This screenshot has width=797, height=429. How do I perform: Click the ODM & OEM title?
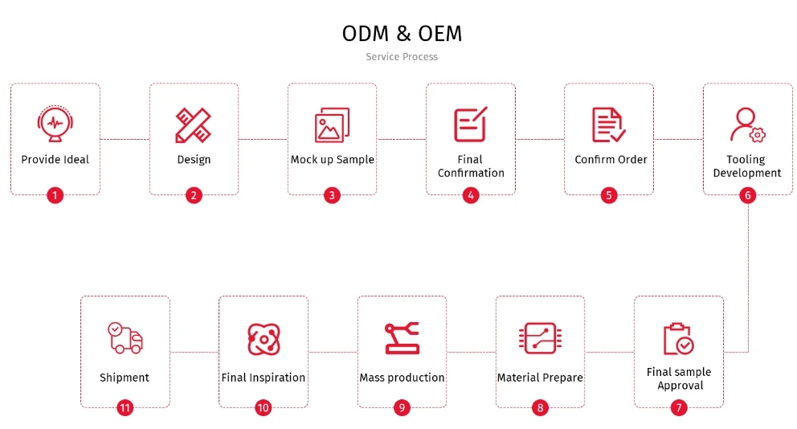pos(402,34)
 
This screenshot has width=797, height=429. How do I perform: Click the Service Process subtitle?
pos(402,57)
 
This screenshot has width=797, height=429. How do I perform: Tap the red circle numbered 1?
pos(55,195)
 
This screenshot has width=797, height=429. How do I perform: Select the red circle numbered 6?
pos(747,195)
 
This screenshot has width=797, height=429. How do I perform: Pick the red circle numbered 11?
pos(125,407)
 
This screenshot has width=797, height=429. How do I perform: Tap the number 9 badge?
pos(402,407)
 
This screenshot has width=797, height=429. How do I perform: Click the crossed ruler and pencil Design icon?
pos(193,125)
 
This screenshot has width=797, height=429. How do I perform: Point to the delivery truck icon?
pos(125,337)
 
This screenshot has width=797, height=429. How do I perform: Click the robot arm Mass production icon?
pos(402,338)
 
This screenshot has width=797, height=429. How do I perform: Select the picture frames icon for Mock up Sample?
pos(332,125)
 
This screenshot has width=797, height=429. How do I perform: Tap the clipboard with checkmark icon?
pos(679,338)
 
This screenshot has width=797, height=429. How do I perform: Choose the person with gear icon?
pos(748,125)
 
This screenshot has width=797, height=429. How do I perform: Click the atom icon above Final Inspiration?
pos(264,339)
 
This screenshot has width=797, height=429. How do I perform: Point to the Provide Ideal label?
pos(55,160)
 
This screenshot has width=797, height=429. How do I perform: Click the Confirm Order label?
pos(611,160)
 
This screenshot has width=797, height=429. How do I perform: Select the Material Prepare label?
pos(540,378)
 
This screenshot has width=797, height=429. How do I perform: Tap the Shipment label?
pos(125,378)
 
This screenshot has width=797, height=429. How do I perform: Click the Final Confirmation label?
pos(471,166)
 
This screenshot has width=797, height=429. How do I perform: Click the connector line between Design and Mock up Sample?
pos(263,139)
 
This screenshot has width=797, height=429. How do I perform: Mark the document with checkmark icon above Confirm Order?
pos(608,125)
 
